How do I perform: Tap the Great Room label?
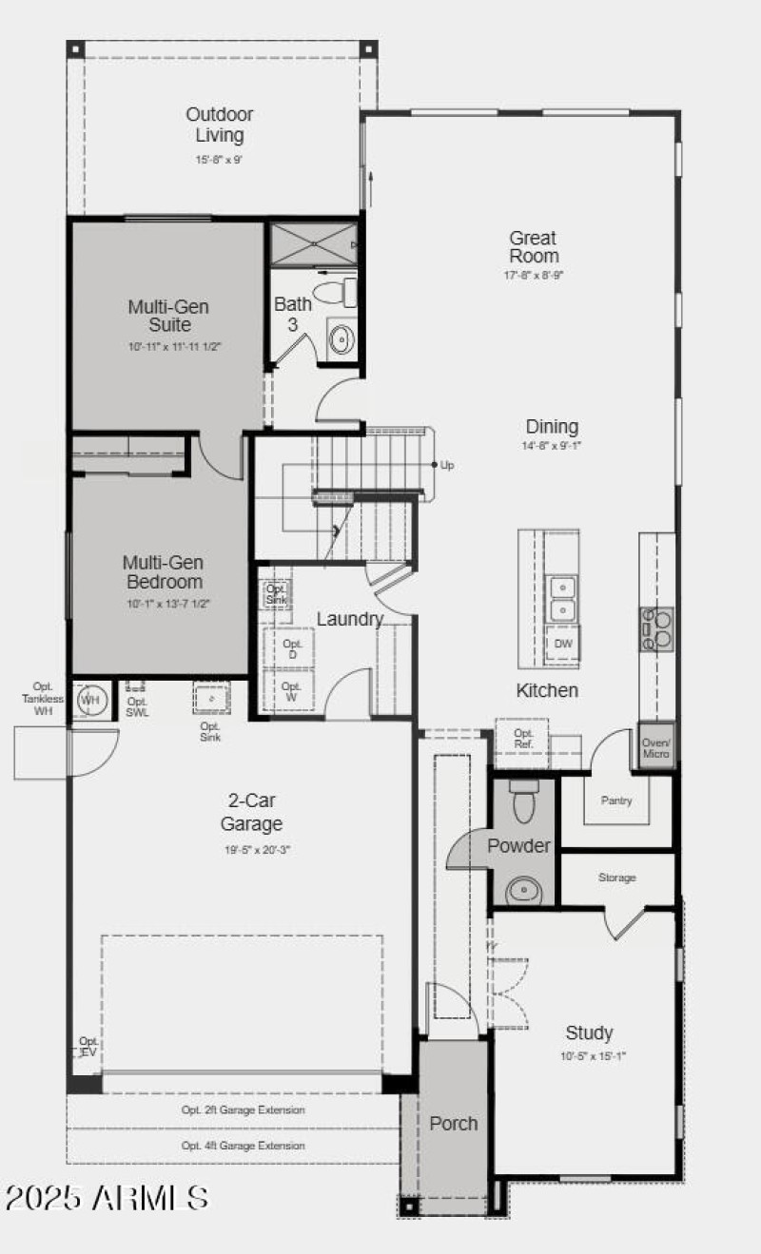tap(533, 247)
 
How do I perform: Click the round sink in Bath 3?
tap(341, 337)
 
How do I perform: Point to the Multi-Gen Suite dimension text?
tap(176, 347)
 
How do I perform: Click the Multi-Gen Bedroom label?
tap(163, 572)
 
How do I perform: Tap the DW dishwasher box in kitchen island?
tap(563, 644)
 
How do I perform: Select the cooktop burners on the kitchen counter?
tap(656, 628)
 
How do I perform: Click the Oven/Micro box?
tap(656, 746)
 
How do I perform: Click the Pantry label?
tap(616, 801)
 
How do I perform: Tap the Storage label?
tap(617, 878)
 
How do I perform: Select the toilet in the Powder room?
tap(523, 802)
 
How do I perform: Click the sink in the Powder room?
tap(522, 890)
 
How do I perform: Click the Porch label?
tap(454, 1123)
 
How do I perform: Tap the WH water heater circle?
tap(90, 701)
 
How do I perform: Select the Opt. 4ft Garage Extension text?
tap(244, 1146)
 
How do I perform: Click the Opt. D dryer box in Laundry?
tap(292, 649)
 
